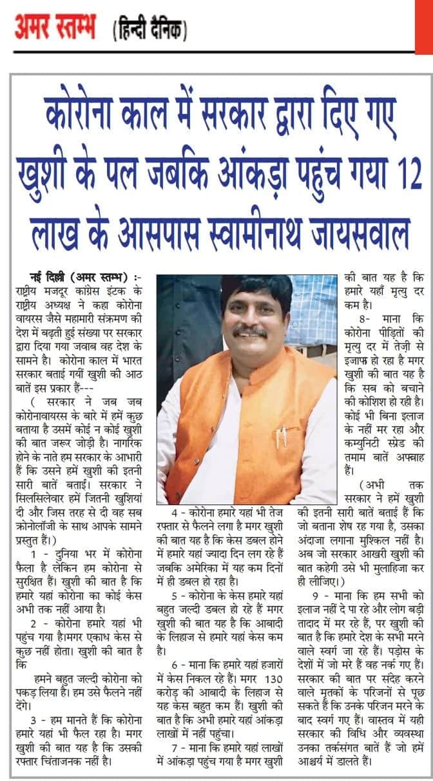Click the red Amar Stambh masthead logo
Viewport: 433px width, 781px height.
[x=55, y=29]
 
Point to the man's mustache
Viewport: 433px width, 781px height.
[x=250, y=331]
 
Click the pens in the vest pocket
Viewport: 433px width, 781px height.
[x=281, y=438]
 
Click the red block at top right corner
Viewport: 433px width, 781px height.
[x=424, y=26]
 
